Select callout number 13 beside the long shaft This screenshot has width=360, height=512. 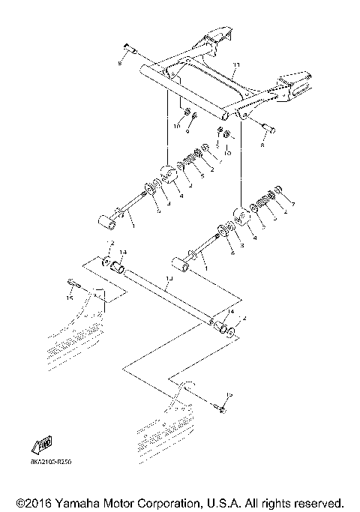point(169,278)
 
